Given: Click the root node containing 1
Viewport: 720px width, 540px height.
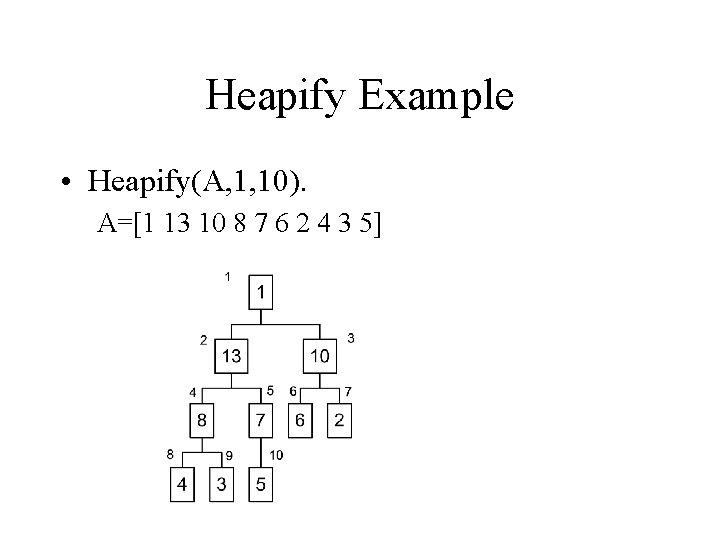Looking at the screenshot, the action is pos(261,292).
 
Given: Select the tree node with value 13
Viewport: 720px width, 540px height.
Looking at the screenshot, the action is pos(231,355).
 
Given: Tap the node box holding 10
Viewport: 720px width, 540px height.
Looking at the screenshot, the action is pos(320,355).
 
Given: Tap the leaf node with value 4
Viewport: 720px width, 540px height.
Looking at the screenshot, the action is pos(182,484).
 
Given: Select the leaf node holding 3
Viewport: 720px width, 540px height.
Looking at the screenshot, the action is pos(221,484).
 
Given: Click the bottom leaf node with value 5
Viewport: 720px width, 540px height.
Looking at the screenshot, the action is pos(261,484).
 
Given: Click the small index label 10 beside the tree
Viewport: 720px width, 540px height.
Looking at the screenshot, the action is pos(276,456).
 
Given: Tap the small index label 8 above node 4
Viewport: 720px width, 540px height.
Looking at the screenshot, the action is pos(172,454).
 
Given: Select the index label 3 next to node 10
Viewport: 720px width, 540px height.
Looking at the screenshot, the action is pos(351,338).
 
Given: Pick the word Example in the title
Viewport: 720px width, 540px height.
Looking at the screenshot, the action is pos(433,97).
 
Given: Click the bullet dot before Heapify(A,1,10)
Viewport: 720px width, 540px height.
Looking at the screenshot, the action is pos(64,182).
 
